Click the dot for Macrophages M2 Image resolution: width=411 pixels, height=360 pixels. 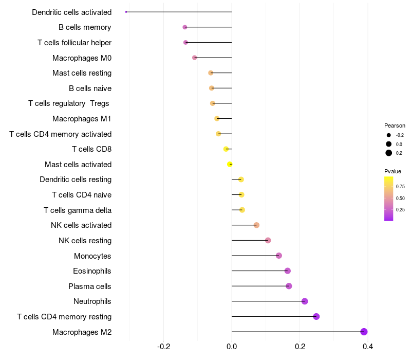[x=364, y=332]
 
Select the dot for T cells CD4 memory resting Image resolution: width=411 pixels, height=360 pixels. [x=316, y=316]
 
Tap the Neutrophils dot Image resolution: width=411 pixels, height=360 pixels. [x=305, y=301]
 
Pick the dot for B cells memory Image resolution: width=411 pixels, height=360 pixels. [x=185, y=27]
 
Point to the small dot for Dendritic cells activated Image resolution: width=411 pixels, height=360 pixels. [x=126, y=12]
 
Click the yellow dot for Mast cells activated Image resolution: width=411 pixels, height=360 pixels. [x=230, y=164]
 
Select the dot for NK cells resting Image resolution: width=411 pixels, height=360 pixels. [x=268, y=240]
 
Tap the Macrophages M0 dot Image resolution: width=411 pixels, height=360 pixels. [x=194, y=58]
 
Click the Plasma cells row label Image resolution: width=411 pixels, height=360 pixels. [x=90, y=286]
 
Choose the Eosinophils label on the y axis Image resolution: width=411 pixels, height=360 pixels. [x=92, y=271]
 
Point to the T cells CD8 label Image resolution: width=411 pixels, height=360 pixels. [x=91, y=149]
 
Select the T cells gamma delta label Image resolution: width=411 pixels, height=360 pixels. [x=78, y=210]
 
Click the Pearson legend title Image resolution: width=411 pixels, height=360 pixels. [x=395, y=125]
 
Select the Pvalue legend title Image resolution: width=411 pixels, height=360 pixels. [x=393, y=171]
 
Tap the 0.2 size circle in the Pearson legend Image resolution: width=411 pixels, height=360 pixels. [x=389, y=153]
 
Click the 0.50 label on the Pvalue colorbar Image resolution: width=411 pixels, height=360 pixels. [x=400, y=198]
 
